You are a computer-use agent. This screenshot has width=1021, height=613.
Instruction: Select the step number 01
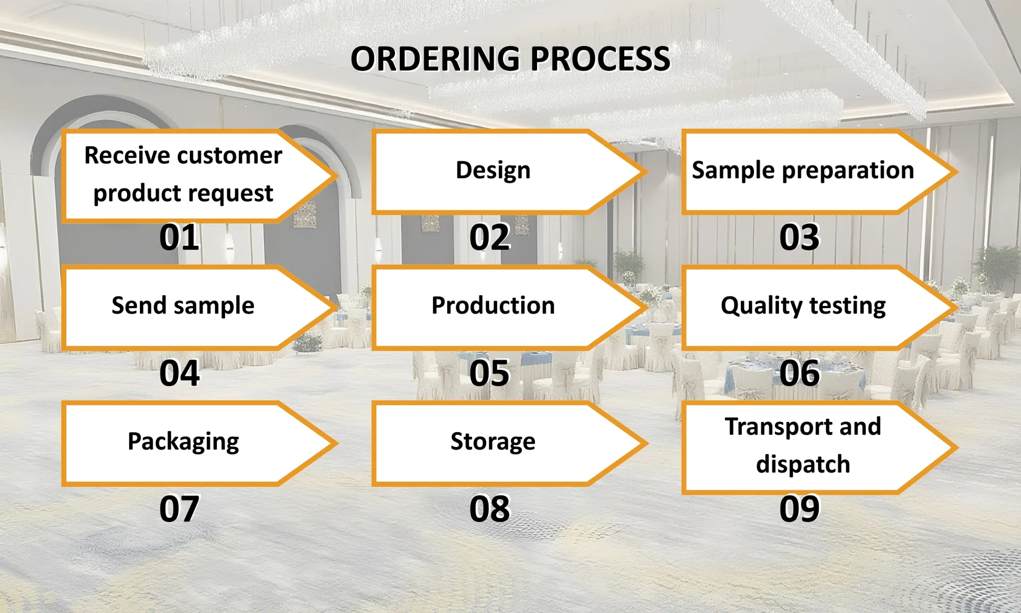point(179,237)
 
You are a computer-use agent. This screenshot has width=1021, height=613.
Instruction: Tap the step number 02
point(489,237)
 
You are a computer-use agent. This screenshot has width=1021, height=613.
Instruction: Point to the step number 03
point(799,237)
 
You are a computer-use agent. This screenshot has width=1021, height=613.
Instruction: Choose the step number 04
point(179,373)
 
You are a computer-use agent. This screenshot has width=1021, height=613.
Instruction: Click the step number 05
point(489,373)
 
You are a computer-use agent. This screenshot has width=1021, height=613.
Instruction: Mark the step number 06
point(799,373)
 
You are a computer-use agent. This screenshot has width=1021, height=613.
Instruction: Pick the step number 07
point(179,509)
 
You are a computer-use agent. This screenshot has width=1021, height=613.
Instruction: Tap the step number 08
point(489,509)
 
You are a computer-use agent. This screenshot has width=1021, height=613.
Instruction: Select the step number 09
point(799,509)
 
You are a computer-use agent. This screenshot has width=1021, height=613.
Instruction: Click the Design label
point(493,171)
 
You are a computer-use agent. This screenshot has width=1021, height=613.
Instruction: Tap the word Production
point(493,305)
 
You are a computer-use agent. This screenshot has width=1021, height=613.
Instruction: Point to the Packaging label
point(183,442)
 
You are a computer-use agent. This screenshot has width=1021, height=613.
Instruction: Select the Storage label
point(493,442)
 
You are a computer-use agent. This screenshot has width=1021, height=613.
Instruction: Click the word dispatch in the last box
point(803,464)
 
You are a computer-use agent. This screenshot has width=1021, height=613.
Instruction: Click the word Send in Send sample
point(139,305)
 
